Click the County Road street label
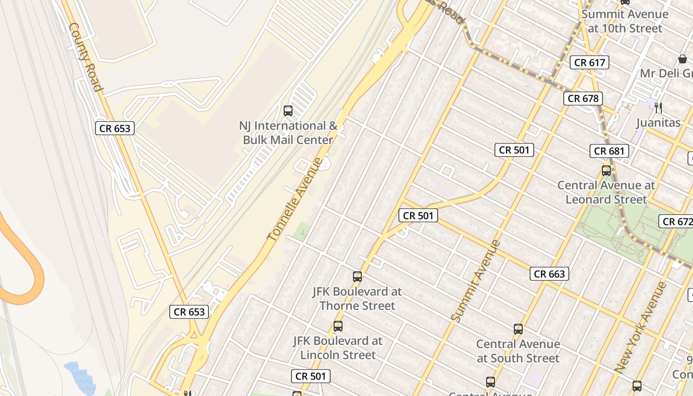tap(86, 57)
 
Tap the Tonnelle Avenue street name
tap(295, 199)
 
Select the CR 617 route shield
tap(589, 62)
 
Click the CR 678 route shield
tap(583, 99)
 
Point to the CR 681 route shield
tap(609, 151)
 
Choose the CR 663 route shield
tap(549, 274)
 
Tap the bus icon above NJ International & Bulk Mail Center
tap(288, 110)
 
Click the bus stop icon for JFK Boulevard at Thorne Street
tap(357, 277)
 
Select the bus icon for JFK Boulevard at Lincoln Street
tap(338, 326)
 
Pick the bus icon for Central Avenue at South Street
tap(518, 329)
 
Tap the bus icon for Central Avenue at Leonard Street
tap(606, 171)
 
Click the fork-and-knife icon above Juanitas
tap(658, 108)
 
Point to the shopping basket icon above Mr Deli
tap(682, 59)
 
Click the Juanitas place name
tap(658, 123)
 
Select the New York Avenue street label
tap(640, 327)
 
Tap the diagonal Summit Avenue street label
tap(476, 281)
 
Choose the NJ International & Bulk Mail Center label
tap(288, 133)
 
